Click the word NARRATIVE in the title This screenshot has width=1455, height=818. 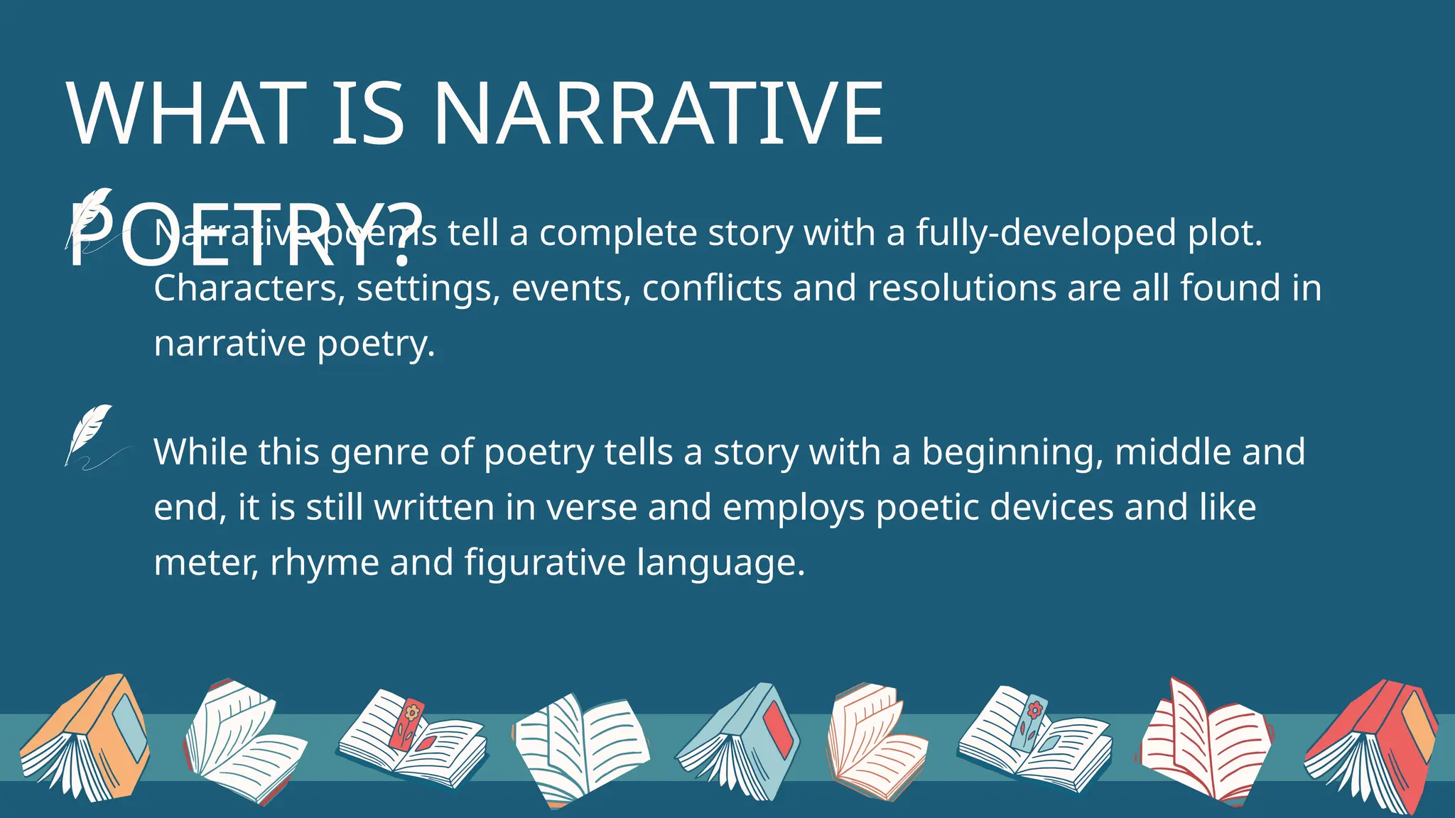tap(657, 114)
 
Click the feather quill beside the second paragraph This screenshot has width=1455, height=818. tap(90, 435)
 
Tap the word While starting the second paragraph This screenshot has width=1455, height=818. tap(200, 452)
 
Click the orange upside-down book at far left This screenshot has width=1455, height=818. tap(85, 738)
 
